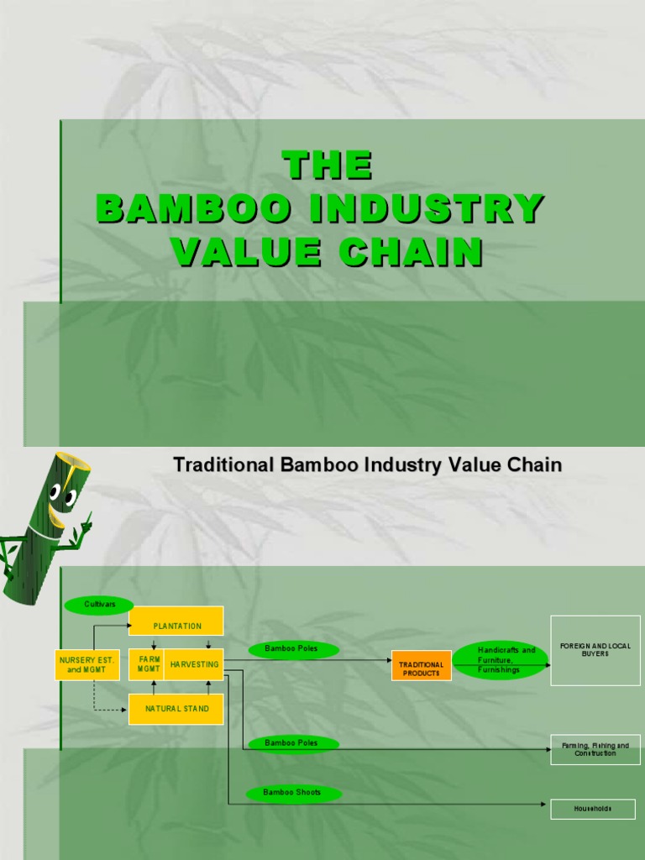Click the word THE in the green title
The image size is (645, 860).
coord(327,165)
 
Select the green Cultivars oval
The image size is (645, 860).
coord(99,604)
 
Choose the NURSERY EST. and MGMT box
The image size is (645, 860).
coord(87,664)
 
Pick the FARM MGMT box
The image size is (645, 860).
coord(149,664)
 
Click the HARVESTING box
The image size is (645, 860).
coord(194,664)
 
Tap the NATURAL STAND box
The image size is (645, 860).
coord(176,709)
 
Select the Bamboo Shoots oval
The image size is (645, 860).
coord(291,793)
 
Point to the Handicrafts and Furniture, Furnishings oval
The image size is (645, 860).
coord(501,660)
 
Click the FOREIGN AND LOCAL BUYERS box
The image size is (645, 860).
coord(594,650)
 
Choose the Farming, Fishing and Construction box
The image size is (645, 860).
coord(595,749)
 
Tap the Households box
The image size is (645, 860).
coord(593,809)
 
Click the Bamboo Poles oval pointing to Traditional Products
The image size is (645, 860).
coord(293,649)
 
